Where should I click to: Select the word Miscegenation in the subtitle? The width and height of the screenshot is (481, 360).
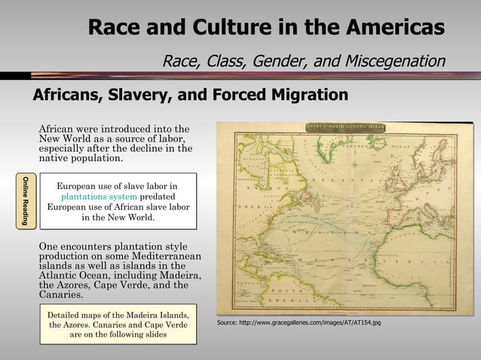394,60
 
